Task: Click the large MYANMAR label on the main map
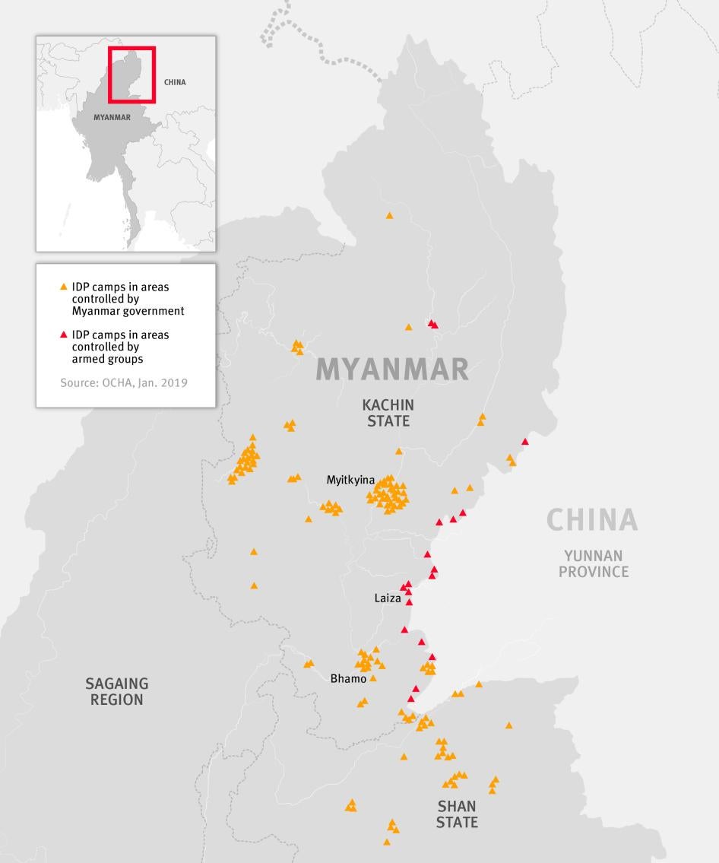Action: coord(392,369)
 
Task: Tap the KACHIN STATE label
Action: coord(388,413)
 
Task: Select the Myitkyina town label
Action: coord(350,480)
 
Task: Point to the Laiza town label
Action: coord(387,598)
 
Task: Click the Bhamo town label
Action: coord(348,678)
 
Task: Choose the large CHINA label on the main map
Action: coord(591,520)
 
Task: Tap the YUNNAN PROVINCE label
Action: coord(594,564)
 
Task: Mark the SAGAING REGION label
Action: coord(116,692)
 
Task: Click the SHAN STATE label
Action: coord(457,814)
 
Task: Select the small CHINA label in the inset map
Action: coord(175,82)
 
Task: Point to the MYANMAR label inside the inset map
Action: coord(112,118)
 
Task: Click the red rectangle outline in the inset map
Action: coord(131,48)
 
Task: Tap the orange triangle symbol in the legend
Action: coord(64,287)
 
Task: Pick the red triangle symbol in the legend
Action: coord(64,335)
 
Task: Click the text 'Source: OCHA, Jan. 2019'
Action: coord(123,382)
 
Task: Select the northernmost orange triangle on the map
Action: coord(389,216)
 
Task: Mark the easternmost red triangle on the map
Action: coord(524,442)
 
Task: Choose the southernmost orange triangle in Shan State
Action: coord(387,842)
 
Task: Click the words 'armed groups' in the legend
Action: coord(107,359)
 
